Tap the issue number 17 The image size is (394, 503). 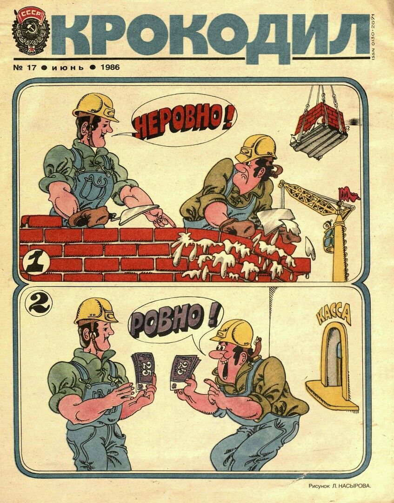coord(26,68)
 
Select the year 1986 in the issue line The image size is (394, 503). coord(110,68)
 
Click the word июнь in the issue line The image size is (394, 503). coord(67,68)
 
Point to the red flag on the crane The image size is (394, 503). coord(348,193)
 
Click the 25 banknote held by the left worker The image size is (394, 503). coord(143,370)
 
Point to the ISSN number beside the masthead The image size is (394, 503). coord(374,36)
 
